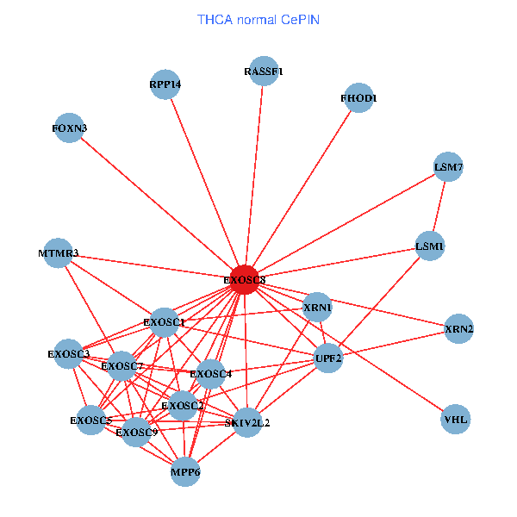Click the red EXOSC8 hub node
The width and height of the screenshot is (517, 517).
pyautogui.click(x=245, y=279)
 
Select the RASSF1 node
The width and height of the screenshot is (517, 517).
pyautogui.click(x=263, y=71)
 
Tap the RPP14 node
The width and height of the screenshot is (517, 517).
pyautogui.click(x=165, y=84)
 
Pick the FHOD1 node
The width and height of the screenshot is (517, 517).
pyautogui.click(x=358, y=98)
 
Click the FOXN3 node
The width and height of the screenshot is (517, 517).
pyautogui.click(x=70, y=128)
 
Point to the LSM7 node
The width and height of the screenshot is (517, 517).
pyautogui.click(x=448, y=167)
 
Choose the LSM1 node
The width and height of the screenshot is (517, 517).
pyautogui.click(x=429, y=246)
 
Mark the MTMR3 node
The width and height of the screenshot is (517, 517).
pyautogui.click(x=58, y=253)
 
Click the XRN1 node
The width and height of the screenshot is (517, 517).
pyautogui.click(x=318, y=307)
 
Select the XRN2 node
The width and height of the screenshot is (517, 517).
pyautogui.click(x=459, y=329)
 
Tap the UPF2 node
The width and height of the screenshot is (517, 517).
pyautogui.click(x=328, y=358)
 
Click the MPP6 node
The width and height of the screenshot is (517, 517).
pyautogui.click(x=185, y=471)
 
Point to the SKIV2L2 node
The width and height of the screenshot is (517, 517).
pyautogui.click(x=247, y=422)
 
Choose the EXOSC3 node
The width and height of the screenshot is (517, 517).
pyautogui.click(x=69, y=353)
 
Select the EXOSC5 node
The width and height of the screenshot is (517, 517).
pyautogui.click(x=90, y=420)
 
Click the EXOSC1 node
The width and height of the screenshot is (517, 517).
pyautogui.click(x=164, y=323)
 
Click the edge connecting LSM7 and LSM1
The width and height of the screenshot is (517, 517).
pyautogui.click(x=439, y=207)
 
